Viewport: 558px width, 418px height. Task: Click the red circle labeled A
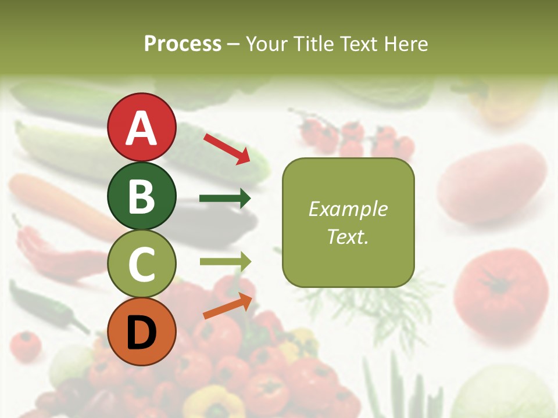(141, 127)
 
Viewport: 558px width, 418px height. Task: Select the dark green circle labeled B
(141, 196)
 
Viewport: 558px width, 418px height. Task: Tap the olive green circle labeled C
(141, 264)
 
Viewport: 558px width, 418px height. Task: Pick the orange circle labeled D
(141, 331)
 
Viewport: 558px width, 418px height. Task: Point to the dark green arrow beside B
(225, 199)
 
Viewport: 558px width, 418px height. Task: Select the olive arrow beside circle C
(225, 262)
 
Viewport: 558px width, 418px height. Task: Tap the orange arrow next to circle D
(227, 306)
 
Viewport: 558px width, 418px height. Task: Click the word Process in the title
(183, 44)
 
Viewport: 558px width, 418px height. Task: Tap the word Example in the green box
(348, 209)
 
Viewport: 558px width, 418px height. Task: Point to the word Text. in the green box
(348, 236)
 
